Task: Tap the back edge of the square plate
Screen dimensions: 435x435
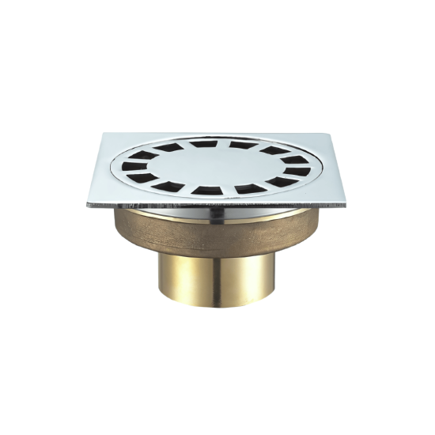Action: (x=217, y=134)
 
